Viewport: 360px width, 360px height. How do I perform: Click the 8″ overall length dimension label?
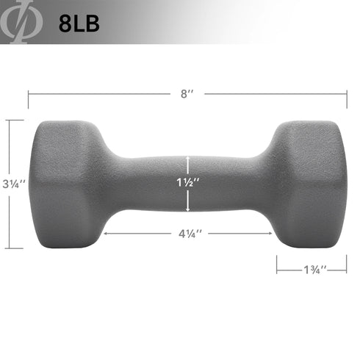click(189, 94)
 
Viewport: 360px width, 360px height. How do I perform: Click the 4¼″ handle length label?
click(189, 234)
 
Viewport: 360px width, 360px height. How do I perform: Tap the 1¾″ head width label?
click(312, 269)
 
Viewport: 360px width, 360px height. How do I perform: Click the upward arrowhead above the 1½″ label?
click(189, 159)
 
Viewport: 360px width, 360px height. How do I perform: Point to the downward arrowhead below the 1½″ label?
click(189, 209)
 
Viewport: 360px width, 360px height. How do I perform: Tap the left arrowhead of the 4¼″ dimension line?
click(107, 234)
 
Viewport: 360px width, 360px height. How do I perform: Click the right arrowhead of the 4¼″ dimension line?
click(271, 234)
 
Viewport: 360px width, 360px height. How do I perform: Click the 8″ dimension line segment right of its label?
click(276, 94)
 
